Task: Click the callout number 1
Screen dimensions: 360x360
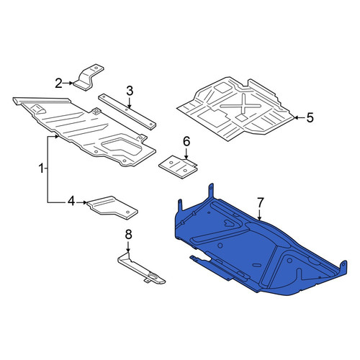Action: pyautogui.click(x=41, y=168)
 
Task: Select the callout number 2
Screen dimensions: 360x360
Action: pyautogui.click(x=59, y=84)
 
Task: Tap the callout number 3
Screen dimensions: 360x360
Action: pyautogui.click(x=130, y=91)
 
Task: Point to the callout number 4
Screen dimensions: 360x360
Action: pyautogui.click(x=71, y=202)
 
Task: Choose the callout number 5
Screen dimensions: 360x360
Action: pyautogui.click(x=310, y=118)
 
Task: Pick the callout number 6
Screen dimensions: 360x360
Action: pyautogui.click(x=186, y=141)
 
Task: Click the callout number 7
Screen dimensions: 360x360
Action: pyautogui.click(x=260, y=202)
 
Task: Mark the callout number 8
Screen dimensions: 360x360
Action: pyautogui.click(x=129, y=235)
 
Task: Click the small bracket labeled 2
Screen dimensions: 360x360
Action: pyautogui.click(x=89, y=77)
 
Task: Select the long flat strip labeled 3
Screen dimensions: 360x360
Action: pyautogui.click(x=127, y=112)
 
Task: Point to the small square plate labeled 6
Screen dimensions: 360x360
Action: pyautogui.click(x=178, y=167)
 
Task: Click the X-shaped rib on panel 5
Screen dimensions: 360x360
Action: pyautogui.click(x=240, y=105)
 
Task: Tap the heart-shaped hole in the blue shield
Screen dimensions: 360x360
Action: pyautogui.click(x=229, y=223)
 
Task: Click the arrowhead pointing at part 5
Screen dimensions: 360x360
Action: pyautogui.click(x=297, y=117)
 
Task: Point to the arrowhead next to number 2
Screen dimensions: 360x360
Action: pyautogui.click(x=71, y=83)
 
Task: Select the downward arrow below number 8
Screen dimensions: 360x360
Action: pyautogui.click(x=128, y=246)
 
